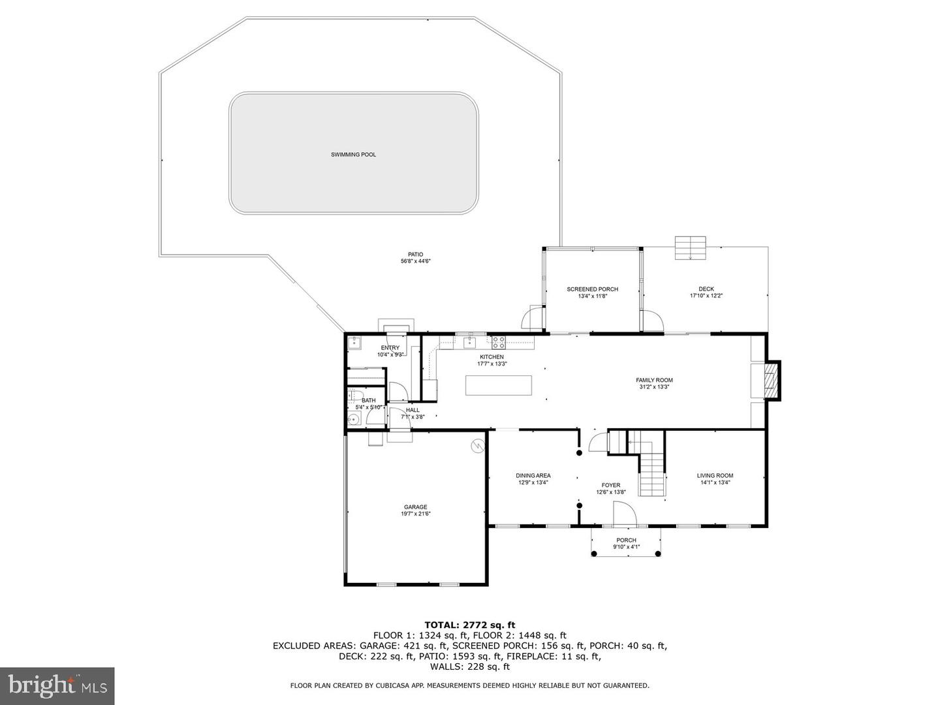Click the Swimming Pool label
(x=353, y=155)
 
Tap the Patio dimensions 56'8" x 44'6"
(x=415, y=261)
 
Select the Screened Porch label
(x=592, y=289)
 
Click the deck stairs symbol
(x=691, y=248)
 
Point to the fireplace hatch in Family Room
(x=771, y=381)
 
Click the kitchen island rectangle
(x=499, y=385)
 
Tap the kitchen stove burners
(x=498, y=341)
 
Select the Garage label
(x=415, y=507)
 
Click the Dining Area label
(x=533, y=476)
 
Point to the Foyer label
(x=611, y=486)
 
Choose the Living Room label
(x=715, y=476)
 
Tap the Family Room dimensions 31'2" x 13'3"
(x=654, y=387)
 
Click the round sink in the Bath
(x=353, y=420)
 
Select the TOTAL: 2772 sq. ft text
(x=470, y=625)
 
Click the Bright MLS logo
(x=57, y=685)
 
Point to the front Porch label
(x=626, y=540)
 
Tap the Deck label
(x=706, y=289)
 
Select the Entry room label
(x=390, y=348)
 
